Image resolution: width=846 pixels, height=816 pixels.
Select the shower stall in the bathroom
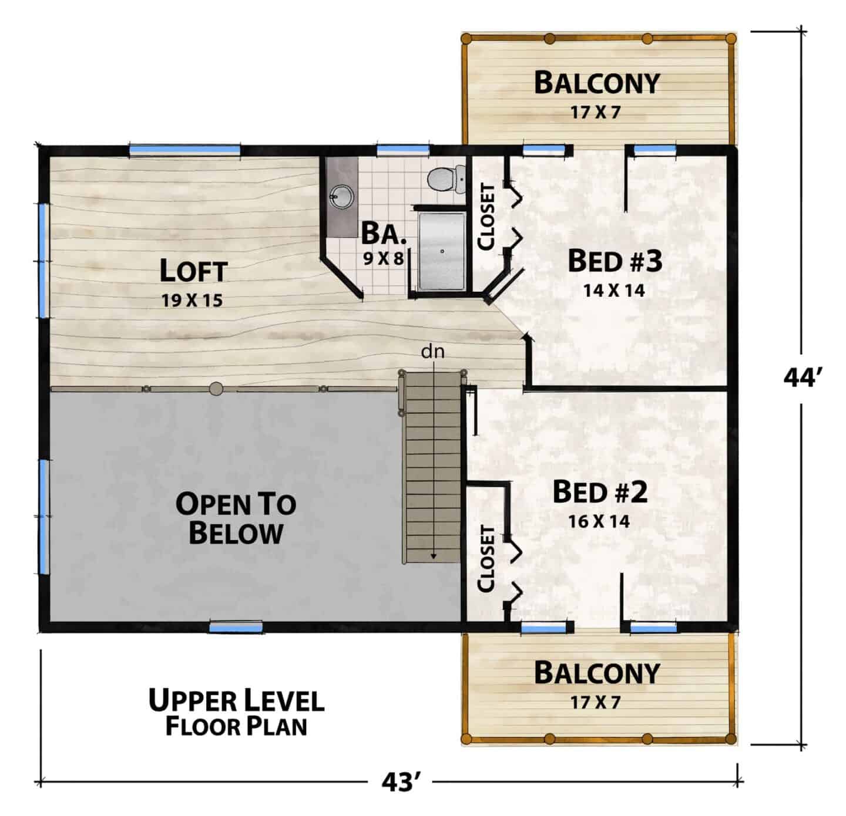(442, 252)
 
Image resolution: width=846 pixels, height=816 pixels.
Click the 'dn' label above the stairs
(432, 352)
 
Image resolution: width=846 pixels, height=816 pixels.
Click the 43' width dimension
(401, 782)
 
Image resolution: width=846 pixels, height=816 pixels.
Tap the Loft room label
(193, 270)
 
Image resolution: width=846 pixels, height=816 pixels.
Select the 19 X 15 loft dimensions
(192, 300)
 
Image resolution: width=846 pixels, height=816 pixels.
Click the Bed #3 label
(615, 261)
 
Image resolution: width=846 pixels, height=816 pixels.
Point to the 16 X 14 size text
(599, 521)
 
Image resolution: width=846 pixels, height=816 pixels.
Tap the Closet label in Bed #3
(486, 217)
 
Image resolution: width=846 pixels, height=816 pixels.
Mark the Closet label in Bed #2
(486, 559)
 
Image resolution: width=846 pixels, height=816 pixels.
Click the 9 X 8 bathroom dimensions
(383, 259)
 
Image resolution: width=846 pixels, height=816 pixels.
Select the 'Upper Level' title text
(237, 700)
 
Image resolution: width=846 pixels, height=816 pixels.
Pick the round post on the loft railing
(216, 389)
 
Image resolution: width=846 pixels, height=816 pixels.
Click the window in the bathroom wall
(402, 150)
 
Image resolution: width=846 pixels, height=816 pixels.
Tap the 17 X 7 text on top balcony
(595, 113)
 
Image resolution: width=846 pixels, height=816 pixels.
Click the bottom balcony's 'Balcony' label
(597, 673)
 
